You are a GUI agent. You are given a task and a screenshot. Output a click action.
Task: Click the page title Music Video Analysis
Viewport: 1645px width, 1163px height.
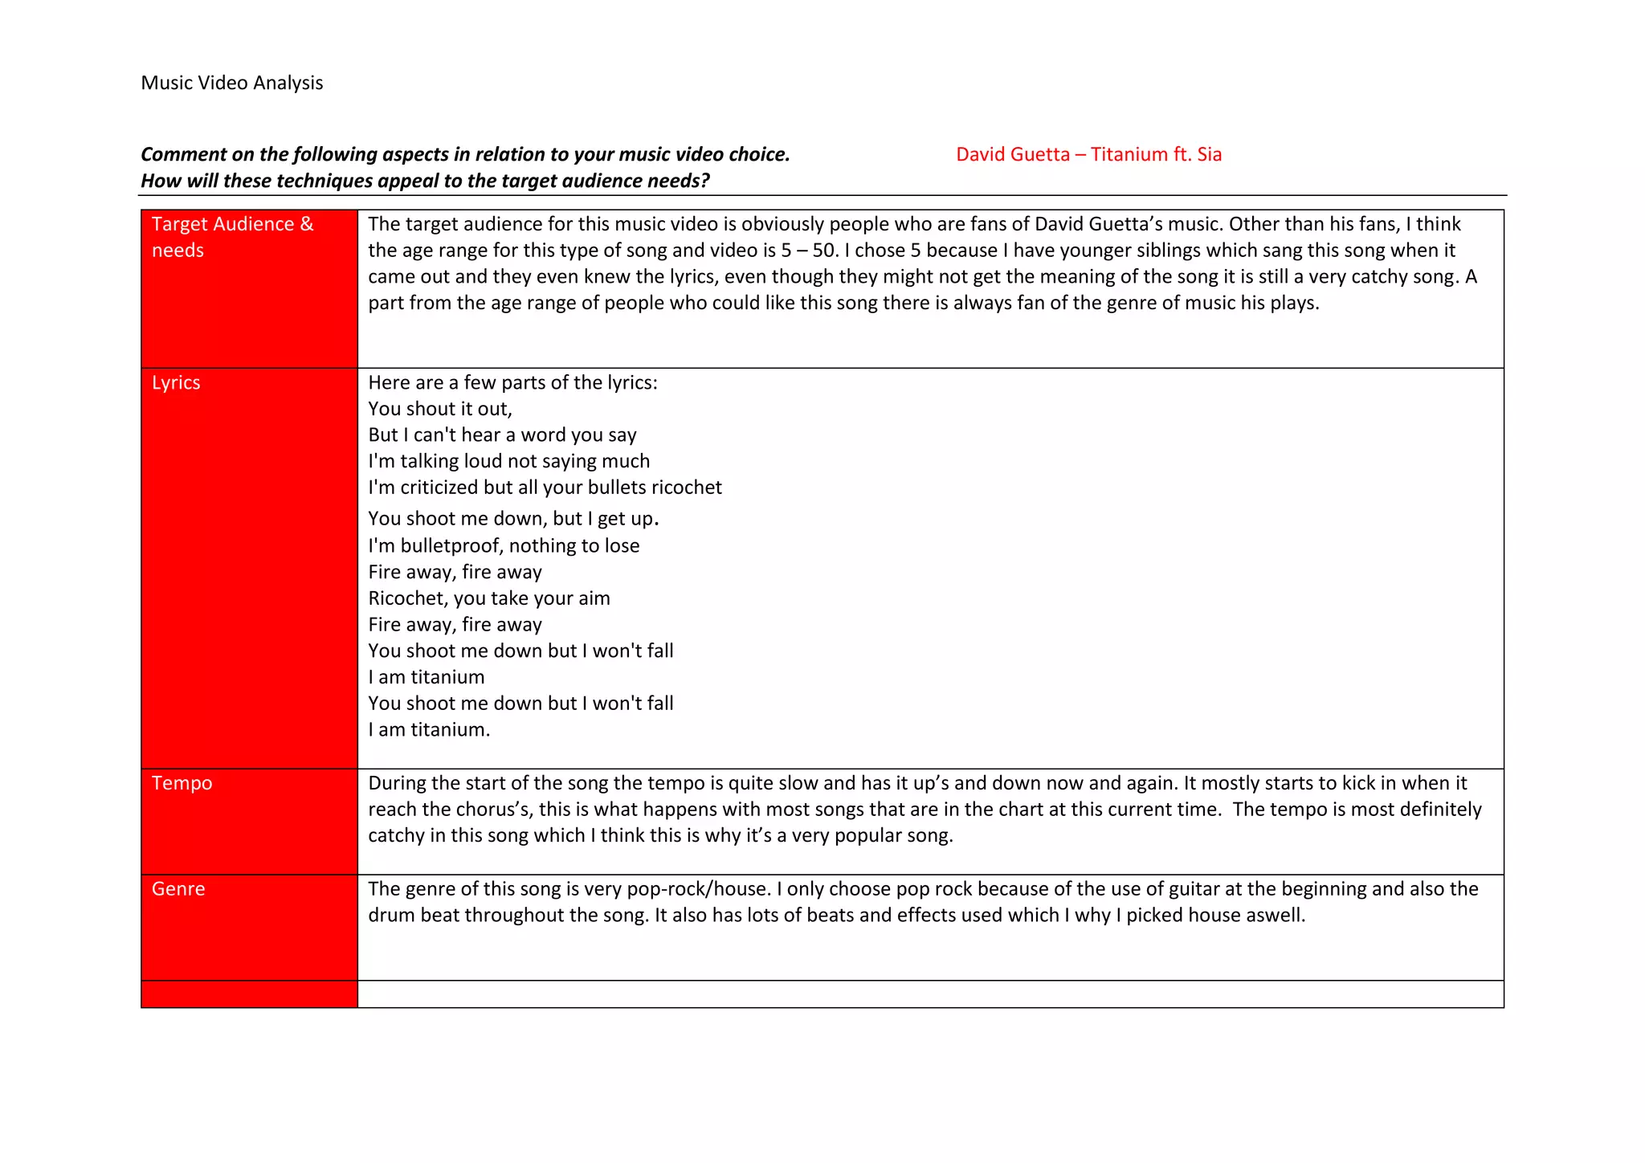tap(231, 83)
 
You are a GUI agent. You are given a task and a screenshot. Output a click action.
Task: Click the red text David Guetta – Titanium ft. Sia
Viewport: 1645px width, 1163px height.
tap(1088, 154)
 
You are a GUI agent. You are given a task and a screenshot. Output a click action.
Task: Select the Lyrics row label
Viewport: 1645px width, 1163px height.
tap(176, 382)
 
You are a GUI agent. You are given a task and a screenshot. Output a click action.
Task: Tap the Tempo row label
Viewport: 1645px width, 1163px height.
tap(182, 783)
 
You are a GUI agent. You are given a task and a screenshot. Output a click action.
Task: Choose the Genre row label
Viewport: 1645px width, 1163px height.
tap(178, 889)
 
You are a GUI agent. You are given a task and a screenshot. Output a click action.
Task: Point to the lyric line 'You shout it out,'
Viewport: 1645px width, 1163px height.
tap(439, 409)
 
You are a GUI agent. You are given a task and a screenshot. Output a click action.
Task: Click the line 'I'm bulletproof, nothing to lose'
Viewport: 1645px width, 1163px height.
tap(504, 546)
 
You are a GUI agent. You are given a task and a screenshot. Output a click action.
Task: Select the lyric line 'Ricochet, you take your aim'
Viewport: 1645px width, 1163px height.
tap(488, 598)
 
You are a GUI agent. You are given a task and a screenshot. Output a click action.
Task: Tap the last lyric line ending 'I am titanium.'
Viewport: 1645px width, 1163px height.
tap(428, 730)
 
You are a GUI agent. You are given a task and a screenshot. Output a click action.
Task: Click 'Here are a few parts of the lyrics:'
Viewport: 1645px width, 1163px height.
tap(512, 382)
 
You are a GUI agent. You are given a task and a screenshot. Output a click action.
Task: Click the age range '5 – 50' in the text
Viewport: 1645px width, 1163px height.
tap(809, 251)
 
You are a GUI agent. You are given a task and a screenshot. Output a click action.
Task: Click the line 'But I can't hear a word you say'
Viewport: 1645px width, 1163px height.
tap(502, 435)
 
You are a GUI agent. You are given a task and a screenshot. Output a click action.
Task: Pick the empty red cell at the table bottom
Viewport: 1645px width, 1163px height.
tap(249, 994)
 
